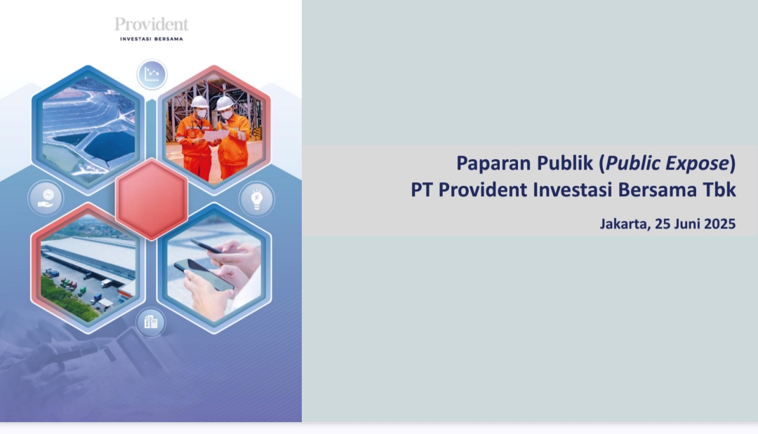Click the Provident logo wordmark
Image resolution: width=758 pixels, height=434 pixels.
[x=152, y=25]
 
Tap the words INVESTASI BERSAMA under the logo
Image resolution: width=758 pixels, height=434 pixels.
[x=152, y=39]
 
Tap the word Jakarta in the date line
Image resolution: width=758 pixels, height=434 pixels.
[x=625, y=224]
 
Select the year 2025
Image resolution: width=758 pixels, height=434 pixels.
[x=720, y=224]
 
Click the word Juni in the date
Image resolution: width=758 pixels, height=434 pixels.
[x=688, y=224]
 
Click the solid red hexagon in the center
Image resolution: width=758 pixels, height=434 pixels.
[x=152, y=199]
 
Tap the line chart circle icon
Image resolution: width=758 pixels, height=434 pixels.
[x=152, y=74]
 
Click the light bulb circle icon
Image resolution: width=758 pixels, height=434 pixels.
[x=257, y=199]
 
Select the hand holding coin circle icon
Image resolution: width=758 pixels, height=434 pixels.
[x=46, y=198]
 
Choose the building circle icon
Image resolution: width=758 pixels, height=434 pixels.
[x=151, y=322]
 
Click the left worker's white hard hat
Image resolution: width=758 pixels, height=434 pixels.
[x=199, y=102]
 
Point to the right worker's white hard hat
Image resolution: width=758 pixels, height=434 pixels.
[x=225, y=103]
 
